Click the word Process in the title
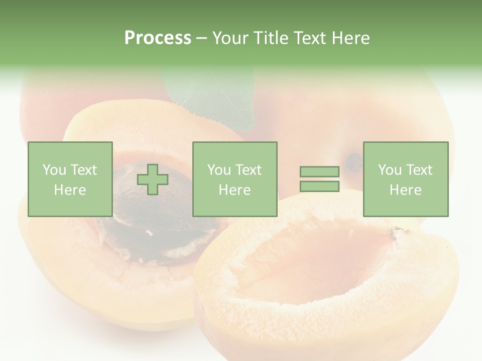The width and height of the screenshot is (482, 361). [x=158, y=38]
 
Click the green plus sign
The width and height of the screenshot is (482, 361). [x=153, y=179]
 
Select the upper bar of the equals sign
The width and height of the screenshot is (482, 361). [x=319, y=171]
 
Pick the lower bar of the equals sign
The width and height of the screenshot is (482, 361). [x=319, y=187]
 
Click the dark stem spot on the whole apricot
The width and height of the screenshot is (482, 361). [x=354, y=161]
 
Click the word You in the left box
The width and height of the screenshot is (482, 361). [x=54, y=169]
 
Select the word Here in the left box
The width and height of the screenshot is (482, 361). [x=70, y=190]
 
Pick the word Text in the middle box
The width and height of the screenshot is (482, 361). [x=248, y=169]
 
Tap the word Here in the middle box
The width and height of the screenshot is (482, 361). [x=234, y=190]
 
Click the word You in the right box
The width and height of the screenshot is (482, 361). [x=390, y=169]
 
